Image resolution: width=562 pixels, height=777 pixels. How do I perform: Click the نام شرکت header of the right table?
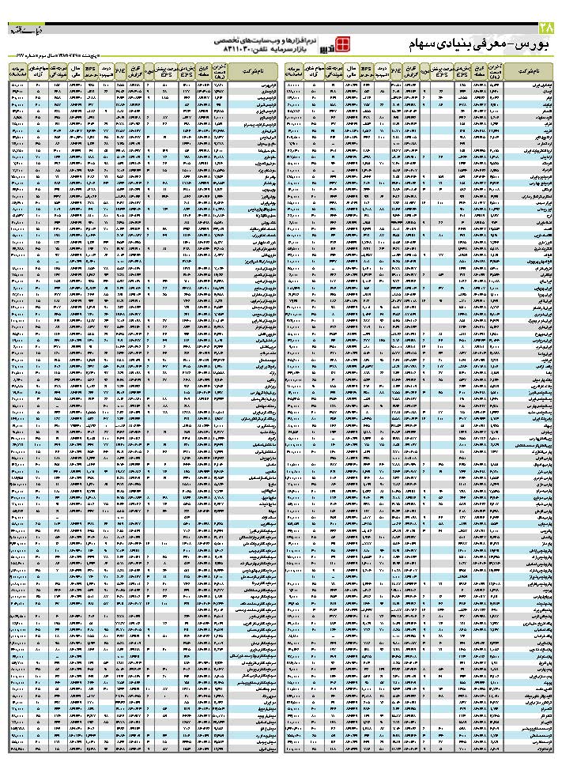tap(529, 70)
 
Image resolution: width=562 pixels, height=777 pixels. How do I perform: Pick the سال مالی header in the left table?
tap(77, 70)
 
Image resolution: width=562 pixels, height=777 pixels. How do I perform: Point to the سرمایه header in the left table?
tap(17, 70)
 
